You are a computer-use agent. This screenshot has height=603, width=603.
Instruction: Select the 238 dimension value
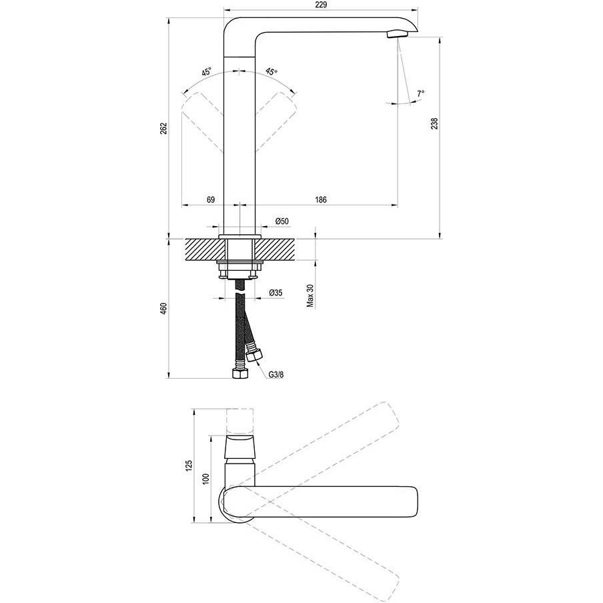point(434,123)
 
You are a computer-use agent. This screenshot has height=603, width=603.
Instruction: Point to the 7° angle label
point(420,93)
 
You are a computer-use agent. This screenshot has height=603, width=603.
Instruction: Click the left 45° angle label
point(207,71)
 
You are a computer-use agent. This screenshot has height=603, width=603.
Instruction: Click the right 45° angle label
point(271,71)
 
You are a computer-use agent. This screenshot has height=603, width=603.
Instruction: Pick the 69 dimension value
point(210,199)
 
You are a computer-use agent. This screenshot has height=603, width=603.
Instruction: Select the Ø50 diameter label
point(281,221)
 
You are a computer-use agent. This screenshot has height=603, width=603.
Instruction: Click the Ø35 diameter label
point(275,293)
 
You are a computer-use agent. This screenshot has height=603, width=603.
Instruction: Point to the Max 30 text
point(310,294)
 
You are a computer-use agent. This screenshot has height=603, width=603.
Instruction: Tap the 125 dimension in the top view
point(189,466)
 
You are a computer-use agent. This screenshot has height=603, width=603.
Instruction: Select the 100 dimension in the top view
point(206,479)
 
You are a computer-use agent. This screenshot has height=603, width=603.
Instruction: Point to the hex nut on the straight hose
point(238,373)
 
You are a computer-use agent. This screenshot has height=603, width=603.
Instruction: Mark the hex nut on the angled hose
point(253,354)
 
